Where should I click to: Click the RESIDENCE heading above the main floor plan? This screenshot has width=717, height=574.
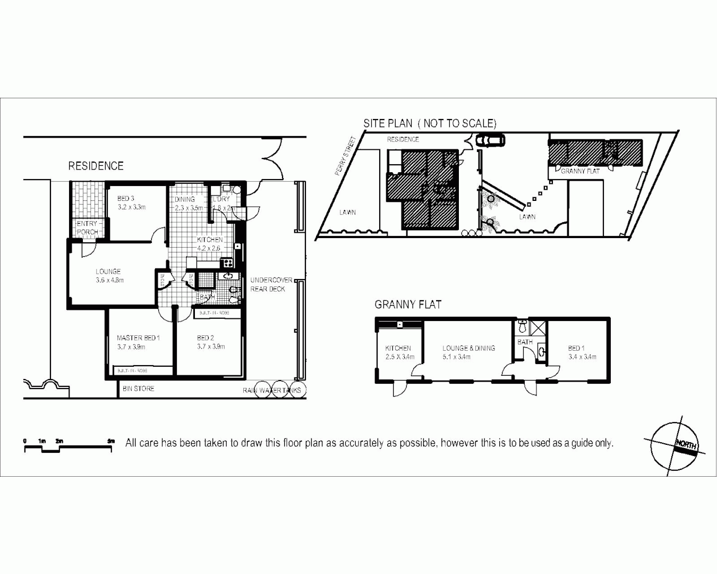[96, 166]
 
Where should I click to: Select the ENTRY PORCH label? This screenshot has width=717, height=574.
[87, 227]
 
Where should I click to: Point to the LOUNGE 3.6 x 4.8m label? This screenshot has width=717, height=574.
[109, 276]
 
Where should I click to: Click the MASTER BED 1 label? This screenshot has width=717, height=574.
[138, 342]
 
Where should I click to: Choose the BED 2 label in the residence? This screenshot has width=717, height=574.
[210, 342]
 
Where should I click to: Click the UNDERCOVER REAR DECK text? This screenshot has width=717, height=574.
[271, 284]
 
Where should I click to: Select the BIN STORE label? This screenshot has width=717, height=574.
[138, 389]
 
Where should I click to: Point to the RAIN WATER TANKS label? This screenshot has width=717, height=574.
[272, 390]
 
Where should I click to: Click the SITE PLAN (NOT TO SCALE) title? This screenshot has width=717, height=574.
[430, 123]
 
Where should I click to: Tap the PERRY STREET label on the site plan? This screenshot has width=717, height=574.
[346, 156]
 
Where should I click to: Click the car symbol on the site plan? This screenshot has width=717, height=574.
[490, 140]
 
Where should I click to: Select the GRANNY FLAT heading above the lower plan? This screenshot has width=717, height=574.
[408, 305]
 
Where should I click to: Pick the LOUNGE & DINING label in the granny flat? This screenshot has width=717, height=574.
[468, 352]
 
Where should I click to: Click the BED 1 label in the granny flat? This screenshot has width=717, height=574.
[582, 352]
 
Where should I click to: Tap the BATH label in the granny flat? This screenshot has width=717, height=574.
[525, 342]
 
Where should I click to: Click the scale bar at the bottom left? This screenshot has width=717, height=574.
[68, 448]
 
